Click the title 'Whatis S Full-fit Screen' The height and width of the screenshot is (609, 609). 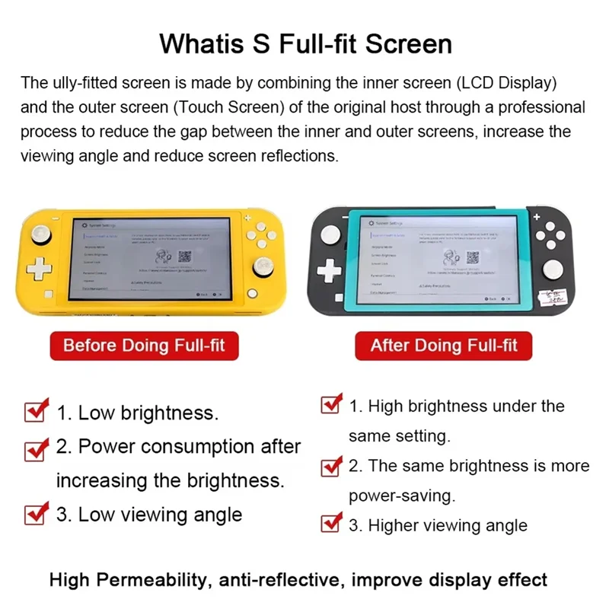304,43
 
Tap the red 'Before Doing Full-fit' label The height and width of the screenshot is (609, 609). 144,346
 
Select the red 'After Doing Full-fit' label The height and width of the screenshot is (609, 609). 443,346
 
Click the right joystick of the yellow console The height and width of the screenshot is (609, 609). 263,267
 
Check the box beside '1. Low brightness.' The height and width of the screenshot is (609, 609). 37,411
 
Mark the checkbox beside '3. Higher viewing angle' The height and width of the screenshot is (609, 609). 331,524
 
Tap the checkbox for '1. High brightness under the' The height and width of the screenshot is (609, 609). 331,404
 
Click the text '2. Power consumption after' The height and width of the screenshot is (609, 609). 179,446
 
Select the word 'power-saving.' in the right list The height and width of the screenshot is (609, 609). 401,496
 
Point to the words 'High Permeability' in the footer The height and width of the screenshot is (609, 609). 129,579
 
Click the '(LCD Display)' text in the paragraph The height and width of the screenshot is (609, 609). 502,82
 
